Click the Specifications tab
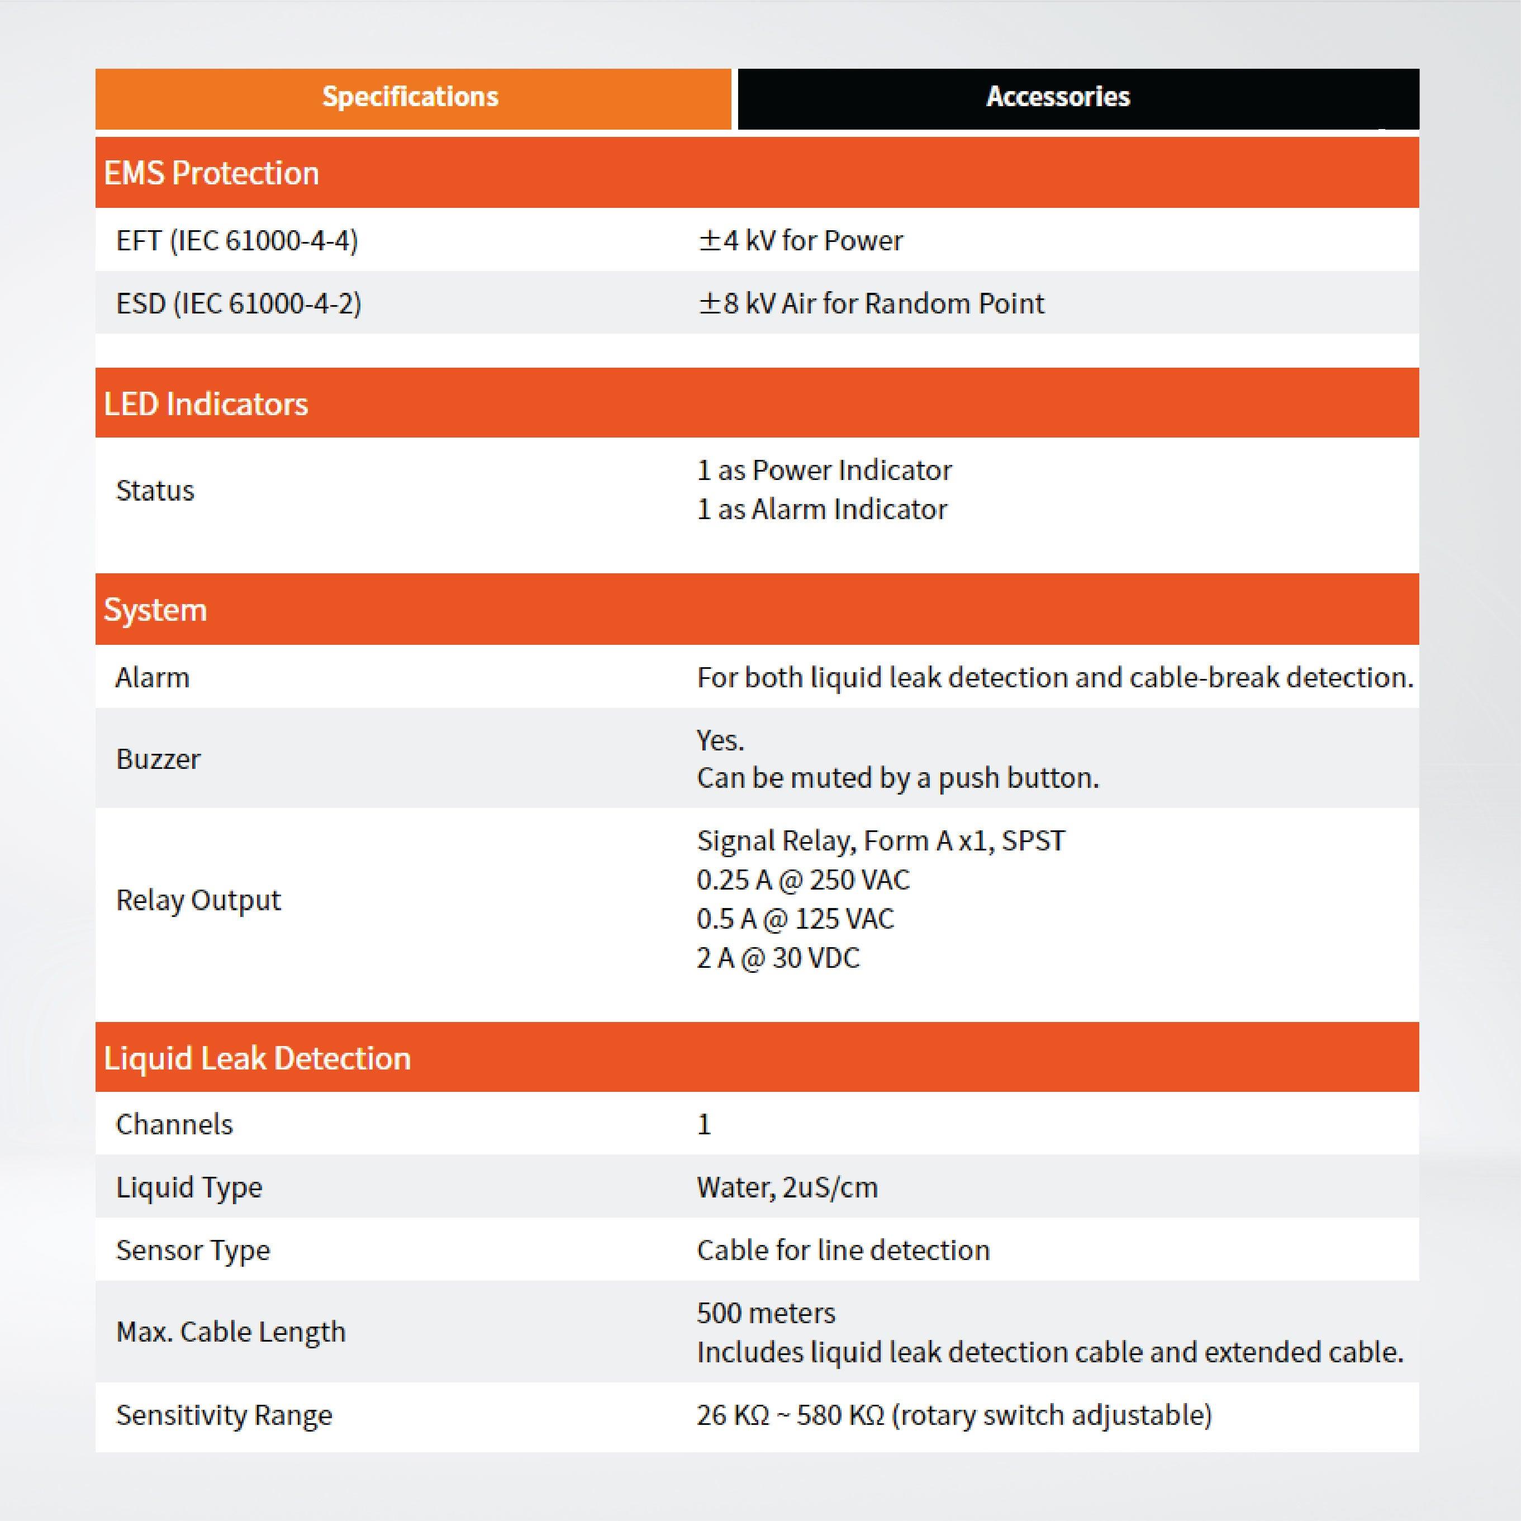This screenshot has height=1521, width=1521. coord(411,97)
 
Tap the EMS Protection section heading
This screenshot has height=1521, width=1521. coord(211,173)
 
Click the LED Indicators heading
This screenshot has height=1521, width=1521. coord(206,404)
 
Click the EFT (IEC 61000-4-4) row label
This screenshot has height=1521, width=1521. coord(237,240)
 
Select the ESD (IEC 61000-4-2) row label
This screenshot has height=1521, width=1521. coord(239,303)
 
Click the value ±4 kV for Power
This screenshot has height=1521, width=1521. coord(800,240)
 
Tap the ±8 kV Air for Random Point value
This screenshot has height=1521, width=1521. coord(871,303)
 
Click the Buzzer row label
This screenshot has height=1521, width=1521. coord(158,759)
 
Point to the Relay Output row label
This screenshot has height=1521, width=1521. coord(198,900)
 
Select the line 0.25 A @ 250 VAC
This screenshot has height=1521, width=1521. coord(803,880)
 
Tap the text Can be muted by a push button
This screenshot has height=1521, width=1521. coord(897,778)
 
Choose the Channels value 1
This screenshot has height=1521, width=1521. coord(704,1124)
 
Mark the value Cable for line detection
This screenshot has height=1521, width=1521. coord(843,1250)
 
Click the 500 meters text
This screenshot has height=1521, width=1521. coord(766,1313)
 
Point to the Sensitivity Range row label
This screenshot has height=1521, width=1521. coord(225,1415)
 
